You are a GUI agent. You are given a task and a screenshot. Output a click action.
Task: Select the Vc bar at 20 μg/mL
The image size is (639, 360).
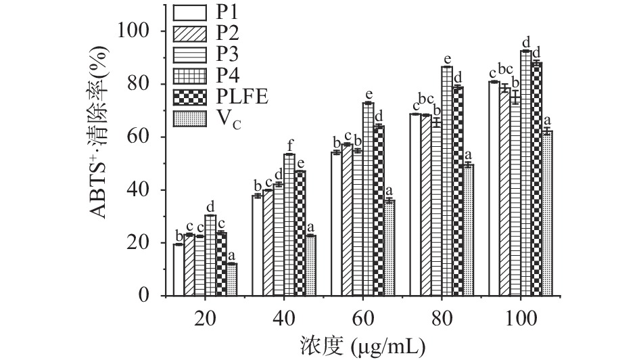point(232,279)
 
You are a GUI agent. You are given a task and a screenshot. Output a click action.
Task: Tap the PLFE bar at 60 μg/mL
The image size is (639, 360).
point(379,210)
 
